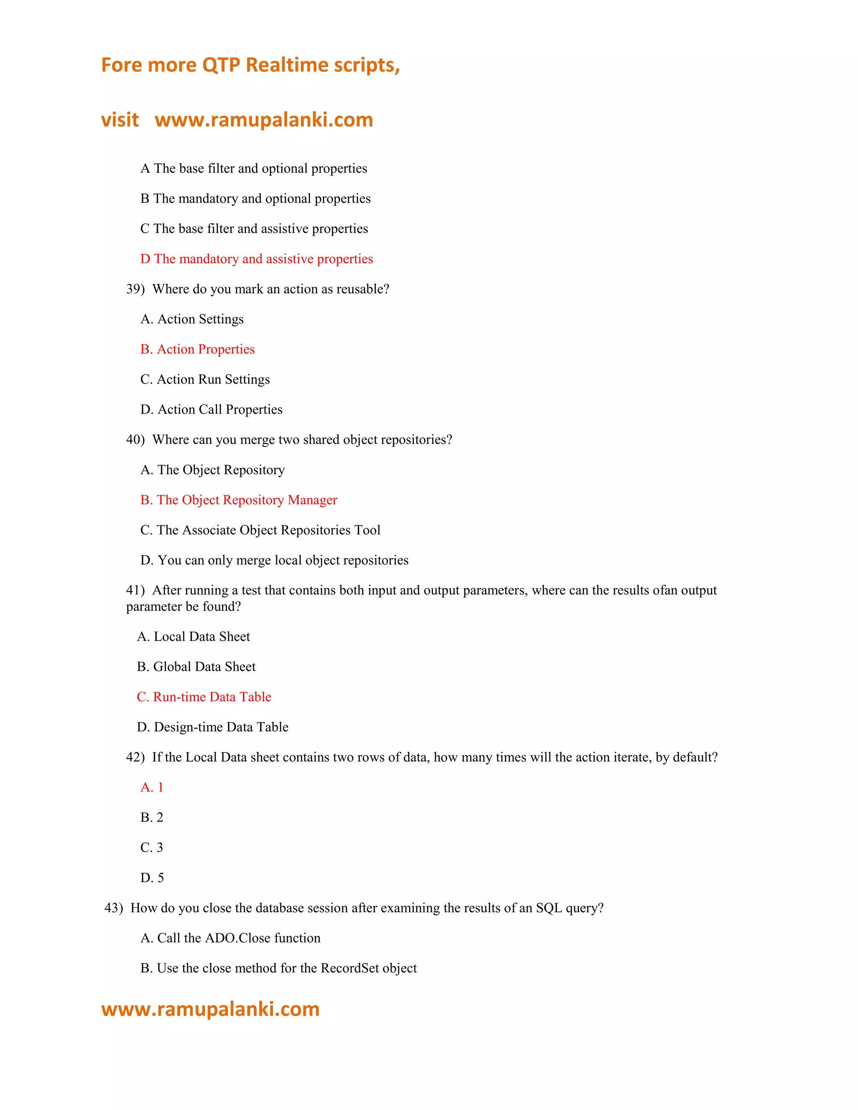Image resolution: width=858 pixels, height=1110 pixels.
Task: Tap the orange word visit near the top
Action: pos(120,120)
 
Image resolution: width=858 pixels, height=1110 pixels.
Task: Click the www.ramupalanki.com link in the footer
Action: pos(210,1009)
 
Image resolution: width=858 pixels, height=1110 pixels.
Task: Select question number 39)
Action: pos(135,289)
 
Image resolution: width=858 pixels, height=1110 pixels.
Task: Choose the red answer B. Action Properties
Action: pos(198,349)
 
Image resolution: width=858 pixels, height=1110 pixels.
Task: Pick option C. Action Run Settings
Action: pos(205,379)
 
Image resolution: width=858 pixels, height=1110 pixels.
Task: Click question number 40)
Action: pos(135,440)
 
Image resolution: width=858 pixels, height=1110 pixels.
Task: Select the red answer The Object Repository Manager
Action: pos(247,500)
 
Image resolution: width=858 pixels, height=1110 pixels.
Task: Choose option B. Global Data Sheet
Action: pos(196,667)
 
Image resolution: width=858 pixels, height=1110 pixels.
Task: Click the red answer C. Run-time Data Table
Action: pos(204,697)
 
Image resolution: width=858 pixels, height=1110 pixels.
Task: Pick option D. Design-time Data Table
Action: pos(212,727)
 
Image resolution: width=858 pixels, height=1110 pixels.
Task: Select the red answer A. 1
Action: pos(152,787)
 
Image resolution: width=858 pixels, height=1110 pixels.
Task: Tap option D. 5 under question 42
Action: pos(152,878)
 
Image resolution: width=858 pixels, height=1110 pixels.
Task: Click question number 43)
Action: pos(114,908)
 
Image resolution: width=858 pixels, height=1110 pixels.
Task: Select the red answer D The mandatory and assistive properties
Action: pos(257,259)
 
